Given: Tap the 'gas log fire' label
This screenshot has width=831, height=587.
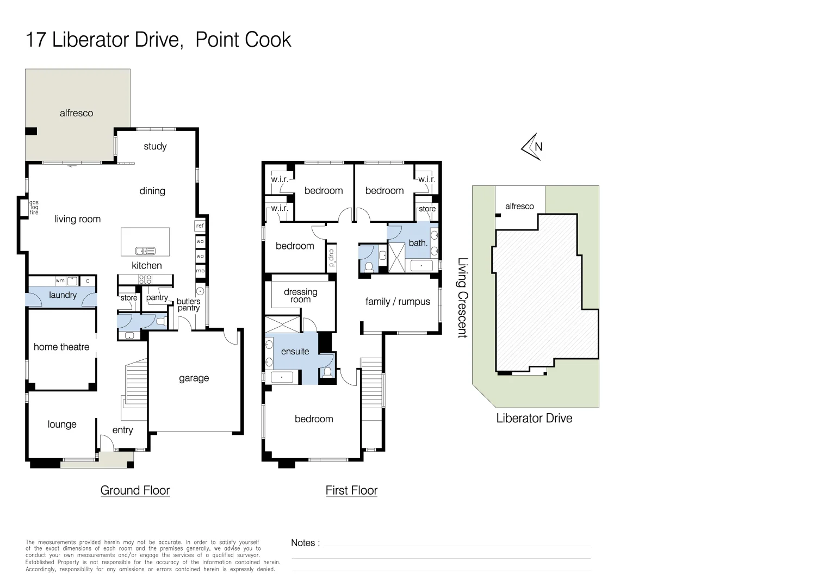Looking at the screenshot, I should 34,208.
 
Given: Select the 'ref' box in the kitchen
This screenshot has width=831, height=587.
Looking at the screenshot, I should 200,226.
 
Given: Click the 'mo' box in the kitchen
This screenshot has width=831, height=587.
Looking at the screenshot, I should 200,271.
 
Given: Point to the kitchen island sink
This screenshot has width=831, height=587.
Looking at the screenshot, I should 145,251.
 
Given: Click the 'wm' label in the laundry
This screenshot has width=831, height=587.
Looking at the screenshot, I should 60,281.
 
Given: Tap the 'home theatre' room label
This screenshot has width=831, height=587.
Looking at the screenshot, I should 61,347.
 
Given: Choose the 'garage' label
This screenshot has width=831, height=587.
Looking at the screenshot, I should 194,378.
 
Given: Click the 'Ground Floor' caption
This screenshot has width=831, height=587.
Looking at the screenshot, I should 135,490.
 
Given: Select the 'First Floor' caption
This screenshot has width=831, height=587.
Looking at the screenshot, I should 351,490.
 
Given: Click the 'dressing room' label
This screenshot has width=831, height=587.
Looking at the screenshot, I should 300,296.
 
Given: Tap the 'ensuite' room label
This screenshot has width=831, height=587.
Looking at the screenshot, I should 295,352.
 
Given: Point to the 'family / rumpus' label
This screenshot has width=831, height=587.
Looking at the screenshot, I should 398,302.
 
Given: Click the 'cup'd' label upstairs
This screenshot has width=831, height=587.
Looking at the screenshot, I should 331,257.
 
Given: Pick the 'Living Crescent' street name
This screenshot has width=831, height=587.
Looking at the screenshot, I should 462,298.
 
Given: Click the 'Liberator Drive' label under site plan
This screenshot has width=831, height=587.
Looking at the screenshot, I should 534,418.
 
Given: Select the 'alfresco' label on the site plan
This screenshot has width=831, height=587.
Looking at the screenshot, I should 519,207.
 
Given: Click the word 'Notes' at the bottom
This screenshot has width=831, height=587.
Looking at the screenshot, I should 303,542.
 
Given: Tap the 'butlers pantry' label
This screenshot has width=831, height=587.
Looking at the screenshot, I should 188,304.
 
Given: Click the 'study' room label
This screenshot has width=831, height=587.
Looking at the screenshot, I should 155,146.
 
